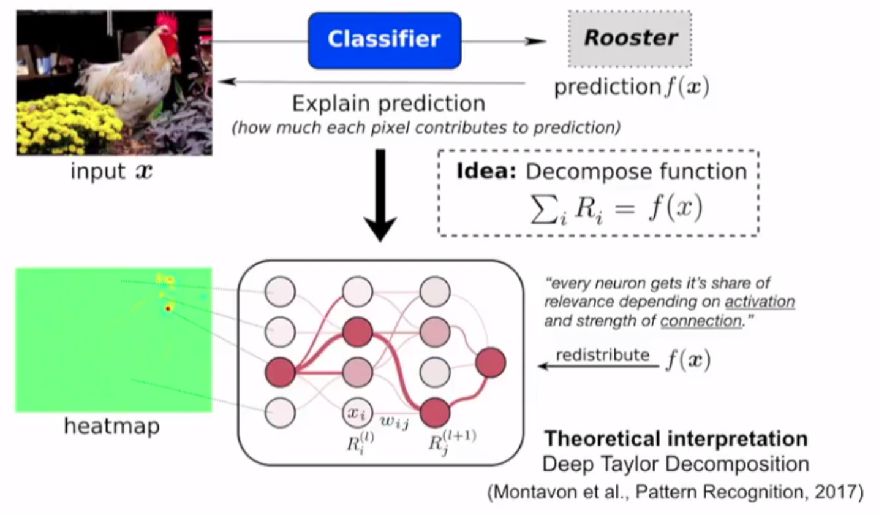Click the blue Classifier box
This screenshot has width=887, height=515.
[x=384, y=40]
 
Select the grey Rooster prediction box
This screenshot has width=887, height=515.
[x=630, y=38]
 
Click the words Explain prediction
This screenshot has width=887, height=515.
[x=388, y=103]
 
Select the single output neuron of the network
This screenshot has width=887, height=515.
[x=490, y=362]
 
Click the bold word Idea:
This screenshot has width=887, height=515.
[x=487, y=171]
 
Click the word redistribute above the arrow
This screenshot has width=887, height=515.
[x=602, y=354]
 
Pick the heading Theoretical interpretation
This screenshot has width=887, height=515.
[x=676, y=439]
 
